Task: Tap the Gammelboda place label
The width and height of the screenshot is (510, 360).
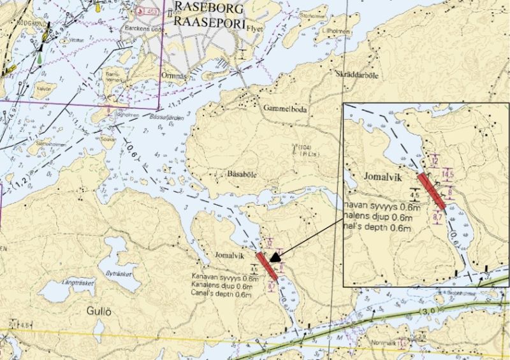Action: click(285, 109)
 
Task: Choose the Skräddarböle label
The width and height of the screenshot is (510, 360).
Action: click(356, 75)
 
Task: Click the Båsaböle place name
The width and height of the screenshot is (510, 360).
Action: click(242, 174)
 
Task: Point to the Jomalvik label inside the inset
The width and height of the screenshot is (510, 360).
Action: click(383, 178)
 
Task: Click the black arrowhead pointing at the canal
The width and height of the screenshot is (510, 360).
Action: click(274, 257)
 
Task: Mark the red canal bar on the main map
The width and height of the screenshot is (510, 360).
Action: click(266, 266)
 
